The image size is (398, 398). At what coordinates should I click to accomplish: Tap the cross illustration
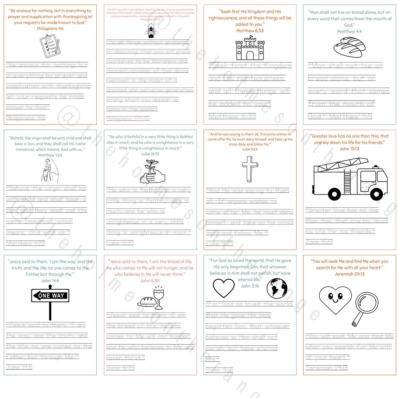pyautogui.click(x=250, y=169)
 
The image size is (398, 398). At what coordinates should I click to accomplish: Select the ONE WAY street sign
pyautogui.click(x=50, y=295)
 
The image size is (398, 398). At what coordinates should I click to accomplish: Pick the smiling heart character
pyautogui.click(x=335, y=299)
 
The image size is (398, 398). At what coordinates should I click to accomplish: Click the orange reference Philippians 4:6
pyautogui.click(x=50, y=29)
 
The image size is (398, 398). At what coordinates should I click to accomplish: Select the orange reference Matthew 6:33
pyautogui.click(x=250, y=31)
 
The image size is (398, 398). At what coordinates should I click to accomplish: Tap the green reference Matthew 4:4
pyautogui.click(x=349, y=31)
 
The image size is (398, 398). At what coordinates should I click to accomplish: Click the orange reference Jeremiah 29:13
pyautogui.click(x=349, y=274)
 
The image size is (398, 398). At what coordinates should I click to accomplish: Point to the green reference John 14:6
pyautogui.click(x=50, y=281)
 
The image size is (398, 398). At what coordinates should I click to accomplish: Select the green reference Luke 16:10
pyautogui.click(x=150, y=154)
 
